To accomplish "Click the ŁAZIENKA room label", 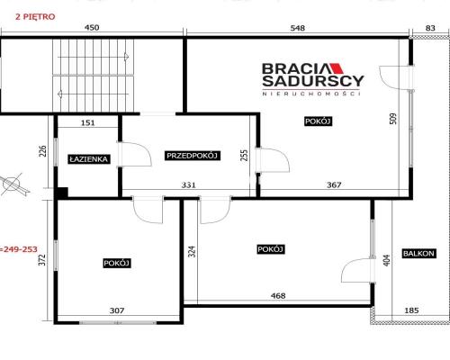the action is click(x=89, y=159).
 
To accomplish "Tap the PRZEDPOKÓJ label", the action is click(x=192, y=156).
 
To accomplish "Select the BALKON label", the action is click(x=418, y=254).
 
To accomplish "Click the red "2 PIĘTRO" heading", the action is click(x=35, y=17).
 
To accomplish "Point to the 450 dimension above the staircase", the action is click(x=92, y=28).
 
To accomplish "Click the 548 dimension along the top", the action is click(x=298, y=28).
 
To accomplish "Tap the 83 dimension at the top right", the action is click(x=430, y=28).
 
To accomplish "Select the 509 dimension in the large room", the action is click(x=393, y=119).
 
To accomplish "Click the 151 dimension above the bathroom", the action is click(x=87, y=122).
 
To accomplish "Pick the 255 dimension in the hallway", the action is click(x=245, y=155).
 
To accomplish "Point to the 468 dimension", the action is click(x=278, y=296).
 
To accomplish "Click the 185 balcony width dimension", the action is click(x=411, y=310).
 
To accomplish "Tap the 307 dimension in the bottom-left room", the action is click(x=117, y=310).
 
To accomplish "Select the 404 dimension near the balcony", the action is click(x=387, y=260).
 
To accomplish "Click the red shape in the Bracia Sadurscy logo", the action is click(x=336, y=68).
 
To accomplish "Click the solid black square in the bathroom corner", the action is click(x=63, y=193).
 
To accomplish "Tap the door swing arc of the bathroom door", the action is click(x=143, y=150).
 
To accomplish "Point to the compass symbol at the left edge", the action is click(x=12, y=184).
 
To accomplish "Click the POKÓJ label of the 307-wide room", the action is click(x=117, y=263).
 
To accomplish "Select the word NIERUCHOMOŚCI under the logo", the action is click(x=311, y=94).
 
